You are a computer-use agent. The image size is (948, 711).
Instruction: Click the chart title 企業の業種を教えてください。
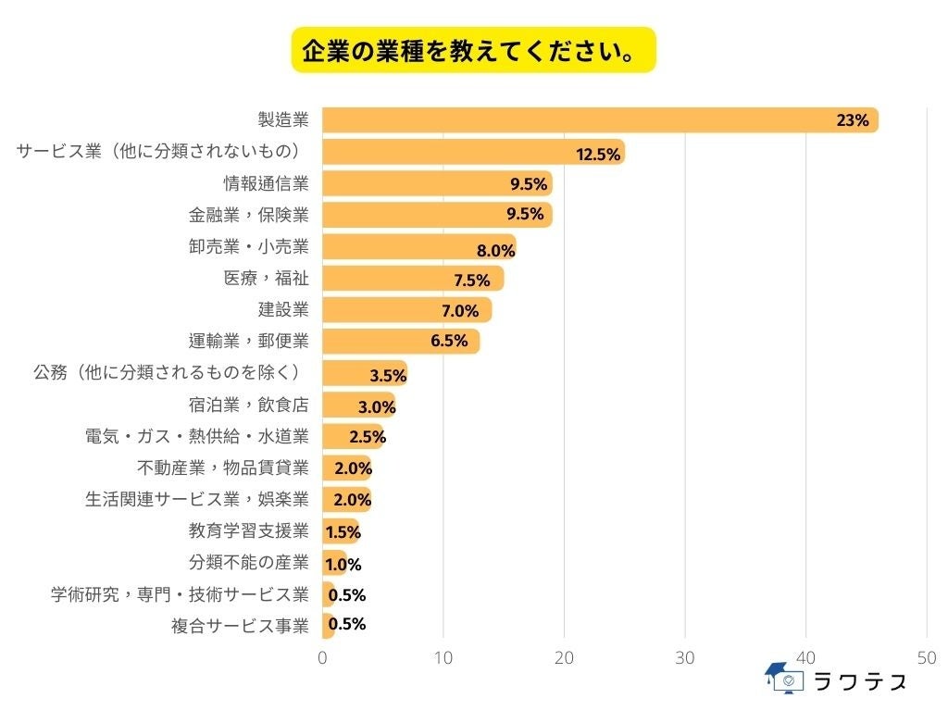click(x=473, y=49)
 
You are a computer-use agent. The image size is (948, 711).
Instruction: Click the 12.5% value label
click(x=598, y=154)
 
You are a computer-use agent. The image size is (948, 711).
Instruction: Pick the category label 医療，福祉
click(x=267, y=278)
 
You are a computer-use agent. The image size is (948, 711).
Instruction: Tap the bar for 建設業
click(x=406, y=309)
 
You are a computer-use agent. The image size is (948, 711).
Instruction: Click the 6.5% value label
click(x=449, y=341)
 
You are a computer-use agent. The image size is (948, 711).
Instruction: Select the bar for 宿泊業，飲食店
click(x=358, y=405)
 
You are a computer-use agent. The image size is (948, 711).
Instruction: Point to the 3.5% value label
click(x=388, y=376)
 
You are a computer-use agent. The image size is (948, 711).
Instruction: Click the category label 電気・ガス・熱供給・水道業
click(x=196, y=436)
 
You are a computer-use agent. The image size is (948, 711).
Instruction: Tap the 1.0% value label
click(x=343, y=564)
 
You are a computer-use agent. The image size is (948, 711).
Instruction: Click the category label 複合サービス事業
click(x=239, y=625)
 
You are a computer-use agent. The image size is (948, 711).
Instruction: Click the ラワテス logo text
click(x=859, y=682)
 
